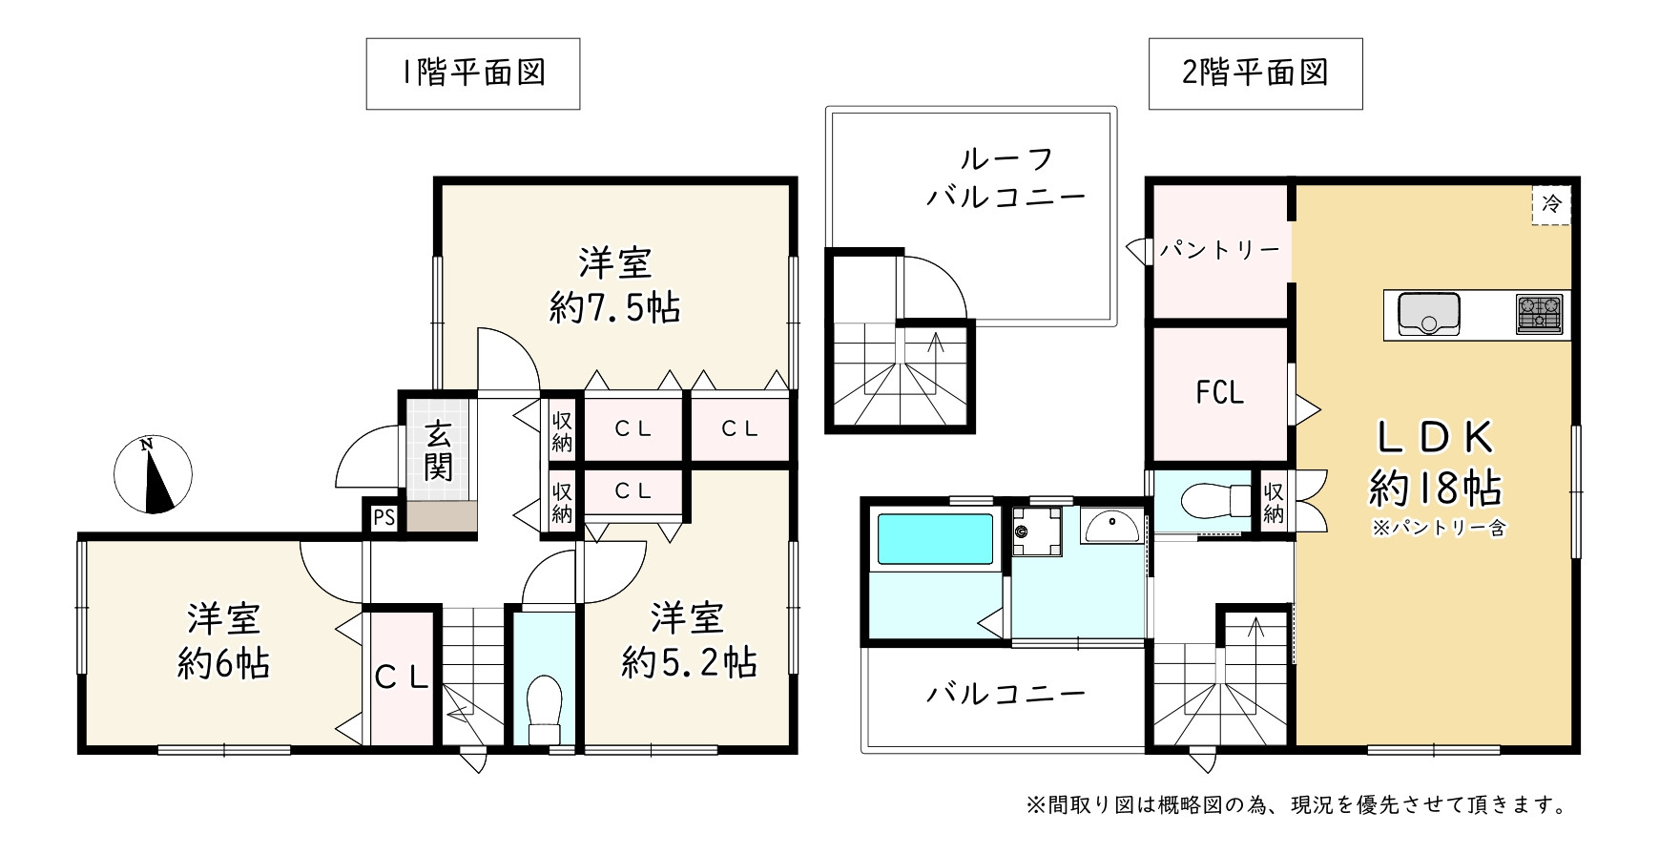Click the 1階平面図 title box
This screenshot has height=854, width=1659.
473,73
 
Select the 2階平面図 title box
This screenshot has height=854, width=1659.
1255,73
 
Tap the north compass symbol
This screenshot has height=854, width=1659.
153,474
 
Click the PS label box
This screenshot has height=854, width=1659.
384,518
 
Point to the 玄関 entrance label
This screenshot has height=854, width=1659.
438,450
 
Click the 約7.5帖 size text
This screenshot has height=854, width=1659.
614,308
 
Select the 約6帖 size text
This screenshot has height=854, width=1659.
224,662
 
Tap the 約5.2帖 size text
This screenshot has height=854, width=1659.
689,661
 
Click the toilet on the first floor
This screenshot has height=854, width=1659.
545,710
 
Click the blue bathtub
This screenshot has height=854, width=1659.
934,539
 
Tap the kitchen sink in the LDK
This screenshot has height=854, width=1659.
1428,314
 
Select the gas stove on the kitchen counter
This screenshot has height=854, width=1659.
1539,314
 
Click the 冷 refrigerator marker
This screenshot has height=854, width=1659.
1551,204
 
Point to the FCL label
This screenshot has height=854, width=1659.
1220,392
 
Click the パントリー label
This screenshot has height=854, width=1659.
1220,250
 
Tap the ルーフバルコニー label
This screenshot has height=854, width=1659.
1006,178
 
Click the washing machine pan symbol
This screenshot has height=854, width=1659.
1037,531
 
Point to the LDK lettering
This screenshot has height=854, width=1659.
1435,437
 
